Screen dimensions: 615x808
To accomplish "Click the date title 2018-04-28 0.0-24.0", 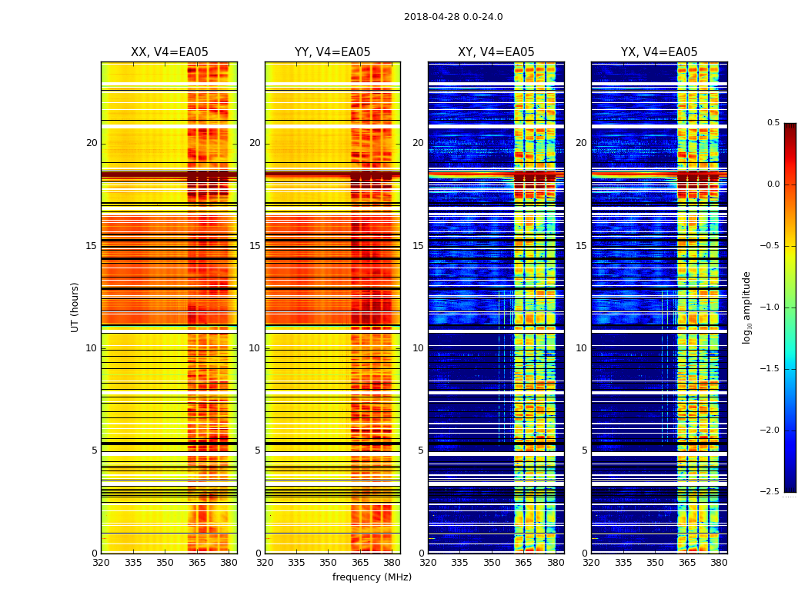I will [x=453, y=17].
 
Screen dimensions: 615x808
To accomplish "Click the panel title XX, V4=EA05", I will [x=169, y=52].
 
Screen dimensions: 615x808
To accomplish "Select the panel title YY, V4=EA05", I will [x=332, y=52].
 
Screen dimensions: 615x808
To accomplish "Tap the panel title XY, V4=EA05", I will [x=496, y=52].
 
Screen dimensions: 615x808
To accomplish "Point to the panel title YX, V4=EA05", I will [x=659, y=52].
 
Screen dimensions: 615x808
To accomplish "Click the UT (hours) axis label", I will [x=75, y=307].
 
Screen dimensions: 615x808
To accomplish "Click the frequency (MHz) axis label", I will [x=372, y=577].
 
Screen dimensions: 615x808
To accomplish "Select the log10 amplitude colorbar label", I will [x=746, y=307].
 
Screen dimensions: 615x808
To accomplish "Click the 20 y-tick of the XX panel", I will [x=92, y=143].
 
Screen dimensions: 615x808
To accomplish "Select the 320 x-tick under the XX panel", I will [x=101, y=563].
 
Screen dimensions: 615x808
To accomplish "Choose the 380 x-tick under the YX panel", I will [x=719, y=563].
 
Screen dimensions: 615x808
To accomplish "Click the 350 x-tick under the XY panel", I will [x=492, y=563].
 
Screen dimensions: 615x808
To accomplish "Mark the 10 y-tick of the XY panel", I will [x=418, y=348].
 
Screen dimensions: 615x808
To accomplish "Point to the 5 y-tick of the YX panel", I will [x=585, y=450].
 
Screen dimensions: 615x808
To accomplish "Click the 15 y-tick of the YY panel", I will [x=255, y=246].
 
